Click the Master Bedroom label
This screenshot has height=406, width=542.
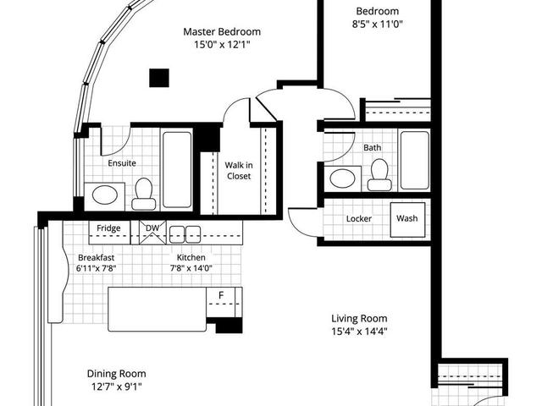[x=222, y=31]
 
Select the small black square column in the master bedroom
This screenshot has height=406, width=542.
[x=157, y=77]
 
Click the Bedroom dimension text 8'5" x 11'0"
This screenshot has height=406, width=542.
[x=379, y=25]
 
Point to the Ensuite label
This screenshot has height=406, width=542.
[x=122, y=163]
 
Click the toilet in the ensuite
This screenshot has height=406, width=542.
[x=144, y=194]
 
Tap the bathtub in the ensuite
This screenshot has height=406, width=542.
[x=176, y=168]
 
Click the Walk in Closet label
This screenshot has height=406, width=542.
[x=238, y=171]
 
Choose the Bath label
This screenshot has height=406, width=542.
[x=373, y=147]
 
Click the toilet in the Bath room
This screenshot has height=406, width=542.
[x=378, y=175]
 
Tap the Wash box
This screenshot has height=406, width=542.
[x=406, y=218]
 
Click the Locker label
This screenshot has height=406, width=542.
[x=359, y=219]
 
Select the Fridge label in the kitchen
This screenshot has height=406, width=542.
[x=108, y=228]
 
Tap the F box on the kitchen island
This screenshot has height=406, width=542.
[x=221, y=295]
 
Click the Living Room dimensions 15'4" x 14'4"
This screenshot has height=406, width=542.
[x=359, y=332]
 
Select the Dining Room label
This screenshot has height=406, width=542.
[x=117, y=373]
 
